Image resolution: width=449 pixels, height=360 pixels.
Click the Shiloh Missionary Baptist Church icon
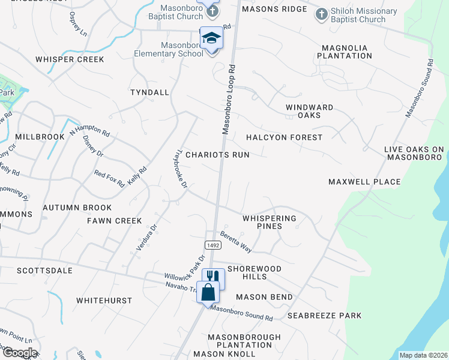(322, 14)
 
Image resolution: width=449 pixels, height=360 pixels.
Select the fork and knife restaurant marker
(212, 277)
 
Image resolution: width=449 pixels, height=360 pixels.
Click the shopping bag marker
(208, 293)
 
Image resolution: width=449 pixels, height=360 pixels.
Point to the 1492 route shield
(212, 245)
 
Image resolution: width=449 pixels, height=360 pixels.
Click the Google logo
(19, 352)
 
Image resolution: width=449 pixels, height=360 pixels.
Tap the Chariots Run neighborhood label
(217, 154)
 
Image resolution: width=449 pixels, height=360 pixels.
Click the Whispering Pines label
(269, 223)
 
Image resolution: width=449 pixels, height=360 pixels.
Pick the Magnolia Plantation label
(347, 52)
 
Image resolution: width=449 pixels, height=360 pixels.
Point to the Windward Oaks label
(309, 111)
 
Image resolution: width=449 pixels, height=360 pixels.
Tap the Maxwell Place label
(364, 181)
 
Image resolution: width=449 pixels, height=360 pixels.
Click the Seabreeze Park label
(324, 316)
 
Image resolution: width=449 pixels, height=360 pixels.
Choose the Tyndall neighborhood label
(149, 92)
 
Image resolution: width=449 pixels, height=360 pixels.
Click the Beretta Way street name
(235, 241)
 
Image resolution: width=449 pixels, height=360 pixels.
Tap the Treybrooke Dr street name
(181, 169)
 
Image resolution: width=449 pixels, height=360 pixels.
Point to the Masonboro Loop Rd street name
(228, 100)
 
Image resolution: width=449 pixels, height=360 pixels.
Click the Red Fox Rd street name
(109, 179)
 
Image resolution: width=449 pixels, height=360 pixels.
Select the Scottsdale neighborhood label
(44, 271)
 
